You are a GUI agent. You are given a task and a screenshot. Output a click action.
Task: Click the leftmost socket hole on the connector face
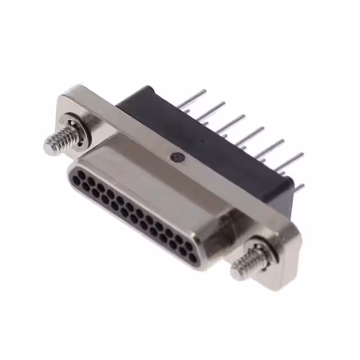[74, 173]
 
